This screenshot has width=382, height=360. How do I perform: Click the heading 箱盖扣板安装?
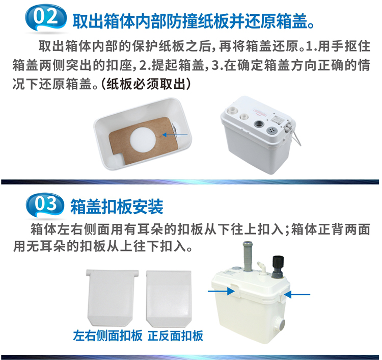tap(117, 206)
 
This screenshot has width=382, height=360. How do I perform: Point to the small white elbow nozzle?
tap(261, 266)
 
